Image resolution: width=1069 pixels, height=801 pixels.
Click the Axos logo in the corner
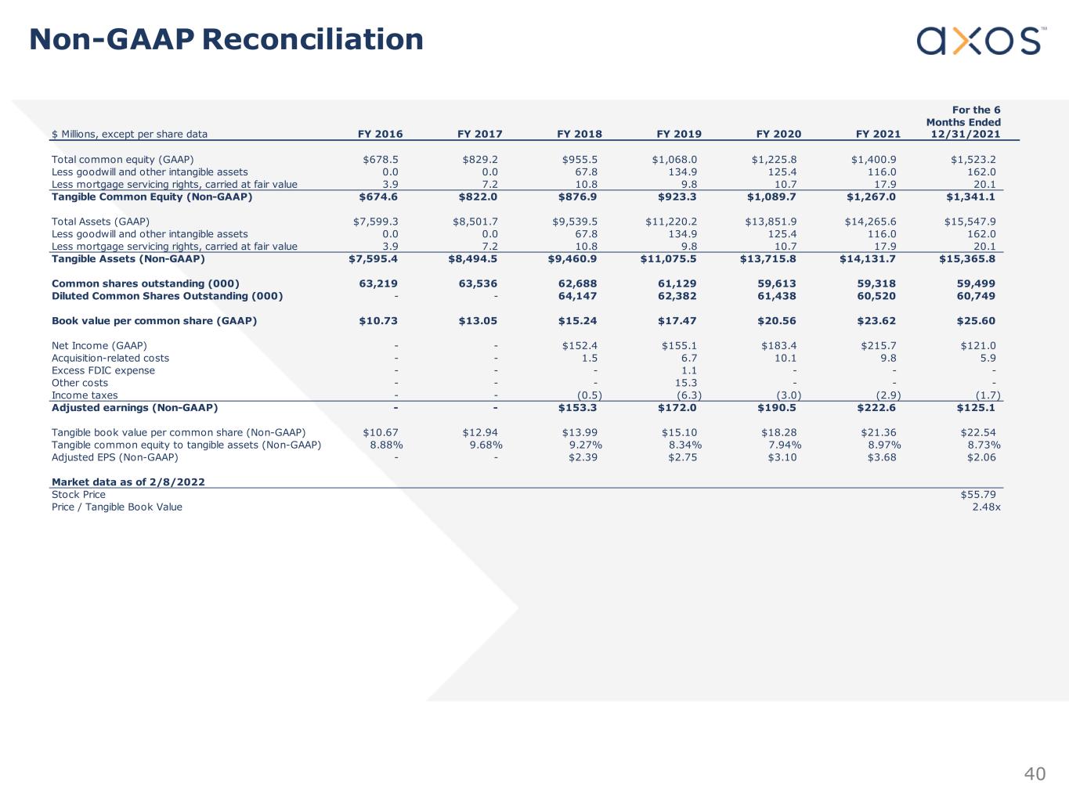click(x=981, y=41)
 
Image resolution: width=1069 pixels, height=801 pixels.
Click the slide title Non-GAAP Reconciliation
click(x=226, y=39)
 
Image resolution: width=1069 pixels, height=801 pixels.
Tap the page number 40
click(x=1035, y=774)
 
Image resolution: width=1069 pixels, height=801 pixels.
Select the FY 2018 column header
click(x=579, y=134)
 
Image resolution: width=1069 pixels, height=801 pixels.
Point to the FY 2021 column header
click(x=878, y=134)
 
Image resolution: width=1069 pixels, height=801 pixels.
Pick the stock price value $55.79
click(x=977, y=494)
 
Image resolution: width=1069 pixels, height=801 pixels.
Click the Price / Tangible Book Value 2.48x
click(x=985, y=507)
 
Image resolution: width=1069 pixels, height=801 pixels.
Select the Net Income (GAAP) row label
click(x=99, y=345)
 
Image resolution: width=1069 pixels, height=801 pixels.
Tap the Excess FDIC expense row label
click(x=103, y=370)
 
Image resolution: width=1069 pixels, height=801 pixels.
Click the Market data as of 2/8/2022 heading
click(x=128, y=482)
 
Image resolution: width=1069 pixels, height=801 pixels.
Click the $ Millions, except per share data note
click(x=129, y=134)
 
